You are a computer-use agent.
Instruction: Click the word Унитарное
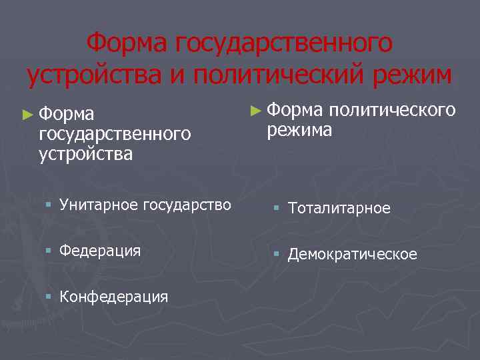tap(99, 205)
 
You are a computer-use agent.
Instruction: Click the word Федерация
tap(100, 251)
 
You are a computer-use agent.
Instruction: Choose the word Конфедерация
tap(113, 297)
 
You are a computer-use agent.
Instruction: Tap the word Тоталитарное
tap(339, 209)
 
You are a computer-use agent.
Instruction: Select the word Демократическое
tap(353, 254)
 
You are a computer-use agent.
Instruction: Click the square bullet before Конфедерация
tap(49, 297)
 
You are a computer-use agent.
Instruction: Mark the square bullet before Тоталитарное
tap(277, 209)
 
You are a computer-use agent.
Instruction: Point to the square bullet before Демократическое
tap(277, 254)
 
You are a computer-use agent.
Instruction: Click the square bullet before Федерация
tap(49, 251)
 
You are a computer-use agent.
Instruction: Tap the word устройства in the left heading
tap(85, 154)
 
